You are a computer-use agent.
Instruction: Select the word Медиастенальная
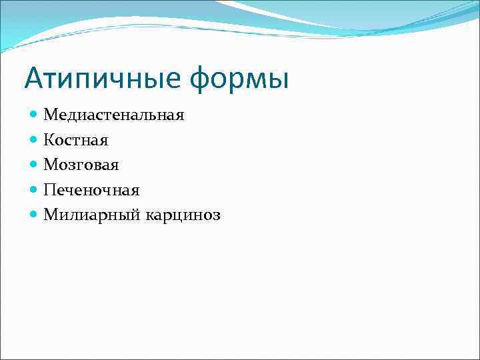pos(114,115)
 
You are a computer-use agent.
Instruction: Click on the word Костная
pos(76,140)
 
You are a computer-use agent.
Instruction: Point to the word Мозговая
pos(81,165)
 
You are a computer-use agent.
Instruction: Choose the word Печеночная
pos(91,190)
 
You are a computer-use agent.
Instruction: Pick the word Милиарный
pos(88,215)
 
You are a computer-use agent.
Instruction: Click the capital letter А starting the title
pos(35,78)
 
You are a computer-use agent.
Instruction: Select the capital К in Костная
pos(49,140)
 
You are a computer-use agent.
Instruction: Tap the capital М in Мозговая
pos(51,165)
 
